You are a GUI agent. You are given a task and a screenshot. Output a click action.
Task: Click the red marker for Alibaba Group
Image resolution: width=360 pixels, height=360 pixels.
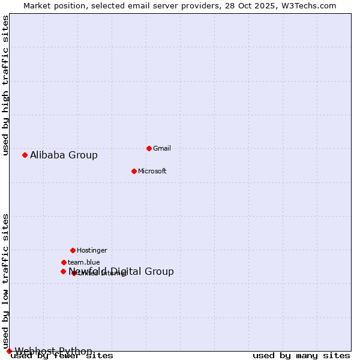coord(25,155)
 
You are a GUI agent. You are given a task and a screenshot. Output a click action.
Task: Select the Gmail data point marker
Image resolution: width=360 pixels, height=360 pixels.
coord(149,148)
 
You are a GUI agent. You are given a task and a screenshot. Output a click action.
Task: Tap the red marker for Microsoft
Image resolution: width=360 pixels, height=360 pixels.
coord(134,171)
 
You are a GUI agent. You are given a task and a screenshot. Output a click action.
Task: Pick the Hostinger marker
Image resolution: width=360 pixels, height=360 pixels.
coord(73,250)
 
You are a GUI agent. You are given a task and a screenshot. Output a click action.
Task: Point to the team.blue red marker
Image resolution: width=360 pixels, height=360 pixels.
coord(64,262)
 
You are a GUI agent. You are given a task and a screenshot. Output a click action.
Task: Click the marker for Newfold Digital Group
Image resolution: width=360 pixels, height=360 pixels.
coord(63,271)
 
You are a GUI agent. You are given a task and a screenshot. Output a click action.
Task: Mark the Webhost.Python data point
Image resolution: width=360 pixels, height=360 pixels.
coord(9,351)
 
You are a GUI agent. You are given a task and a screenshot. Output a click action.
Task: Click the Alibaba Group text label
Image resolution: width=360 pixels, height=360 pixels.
coord(64,155)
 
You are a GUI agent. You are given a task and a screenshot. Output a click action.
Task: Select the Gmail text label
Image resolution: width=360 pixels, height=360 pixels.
coord(162,148)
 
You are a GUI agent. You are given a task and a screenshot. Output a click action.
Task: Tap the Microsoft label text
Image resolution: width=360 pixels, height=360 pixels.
coord(152,171)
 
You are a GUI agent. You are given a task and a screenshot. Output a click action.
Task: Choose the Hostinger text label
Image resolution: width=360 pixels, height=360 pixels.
coord(92,250)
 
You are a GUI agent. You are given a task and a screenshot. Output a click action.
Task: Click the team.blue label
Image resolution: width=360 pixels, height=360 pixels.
coord(83,262)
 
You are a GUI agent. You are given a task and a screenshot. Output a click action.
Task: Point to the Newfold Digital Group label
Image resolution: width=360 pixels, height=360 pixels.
coord(121,271)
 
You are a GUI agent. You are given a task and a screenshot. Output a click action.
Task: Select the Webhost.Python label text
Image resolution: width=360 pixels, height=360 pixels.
coord(53,351)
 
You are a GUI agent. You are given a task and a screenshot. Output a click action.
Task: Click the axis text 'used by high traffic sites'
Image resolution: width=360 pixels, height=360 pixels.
coord(5,85)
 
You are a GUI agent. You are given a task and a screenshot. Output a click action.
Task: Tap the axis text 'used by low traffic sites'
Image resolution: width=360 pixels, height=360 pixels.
coord(5,281)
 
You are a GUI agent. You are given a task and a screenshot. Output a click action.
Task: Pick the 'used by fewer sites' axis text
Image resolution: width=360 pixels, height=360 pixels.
coord(62,356)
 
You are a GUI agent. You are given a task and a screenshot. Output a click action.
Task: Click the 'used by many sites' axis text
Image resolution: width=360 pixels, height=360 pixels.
coord(301,356)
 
